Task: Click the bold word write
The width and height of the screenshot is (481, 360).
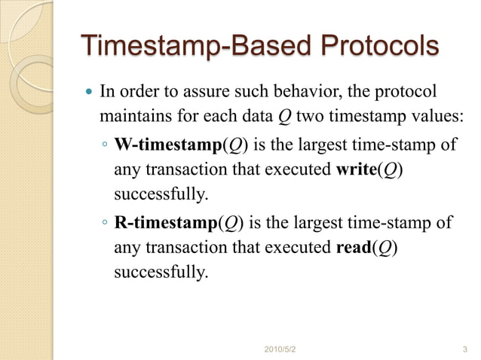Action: point(354,170)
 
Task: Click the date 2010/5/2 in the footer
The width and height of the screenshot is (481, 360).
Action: point(281,349)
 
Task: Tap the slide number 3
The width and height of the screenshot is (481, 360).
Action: point(464,349)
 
